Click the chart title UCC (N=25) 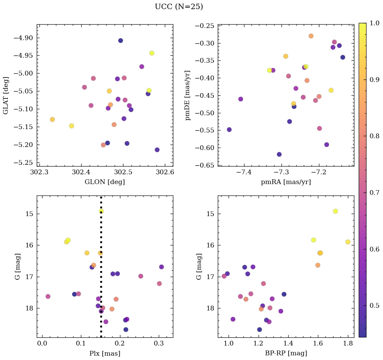coord(179,7)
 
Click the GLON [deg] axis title coord(105,182)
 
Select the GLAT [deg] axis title coord(6,95)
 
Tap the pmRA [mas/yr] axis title coord(286,182)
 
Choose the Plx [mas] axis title coord(105,354)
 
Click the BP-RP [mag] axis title coord(286,354)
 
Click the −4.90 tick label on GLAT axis coord(23,38)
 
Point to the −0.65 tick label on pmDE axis coord(205,165)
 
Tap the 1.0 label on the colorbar coord(375,23)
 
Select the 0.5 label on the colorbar coord(375,305)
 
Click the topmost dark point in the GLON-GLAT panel coord(120,40)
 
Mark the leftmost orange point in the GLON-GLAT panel coord(52,119)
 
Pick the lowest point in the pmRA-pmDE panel coord(279,154)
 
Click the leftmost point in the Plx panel coord(48,296)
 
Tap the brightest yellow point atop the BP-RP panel coord(335,211)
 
